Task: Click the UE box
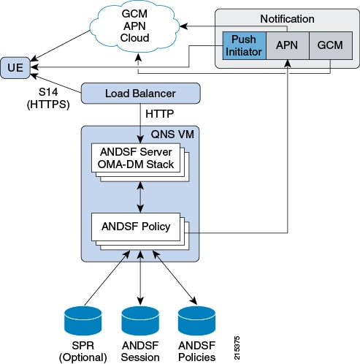(14, 67)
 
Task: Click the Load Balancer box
(139, 94)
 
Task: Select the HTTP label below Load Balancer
(160, 114)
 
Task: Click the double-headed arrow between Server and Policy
(139, 194)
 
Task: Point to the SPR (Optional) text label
(83, 352)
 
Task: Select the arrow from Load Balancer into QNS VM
(139, 121)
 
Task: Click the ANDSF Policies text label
(197, 352)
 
